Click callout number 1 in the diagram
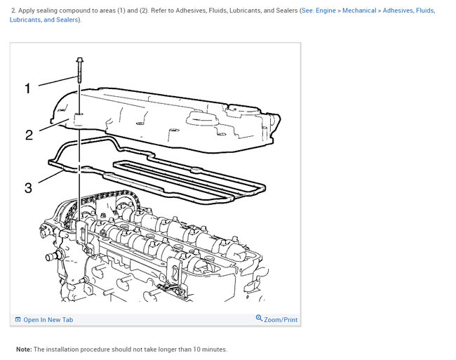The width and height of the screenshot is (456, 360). tap(28, 88)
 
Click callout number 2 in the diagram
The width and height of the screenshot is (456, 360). tap(29, 135)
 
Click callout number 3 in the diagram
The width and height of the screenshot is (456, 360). tap(28, 187)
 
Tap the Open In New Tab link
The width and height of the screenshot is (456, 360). tap(48, 320)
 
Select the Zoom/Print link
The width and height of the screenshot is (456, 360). tap(281, 320)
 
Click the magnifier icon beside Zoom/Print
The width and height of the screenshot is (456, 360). tap(259, 319)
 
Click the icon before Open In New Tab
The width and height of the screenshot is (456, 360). tap(18, 319)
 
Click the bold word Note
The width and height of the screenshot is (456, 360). tap(24, 349)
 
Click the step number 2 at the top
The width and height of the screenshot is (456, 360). tap(13, 11)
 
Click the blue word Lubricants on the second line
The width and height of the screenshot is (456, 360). tap(25, 20)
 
